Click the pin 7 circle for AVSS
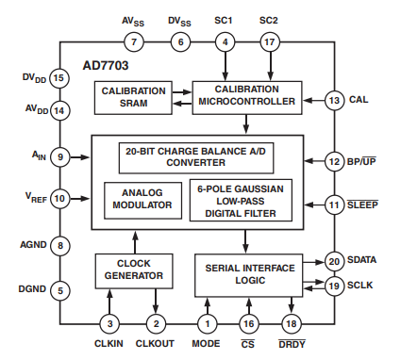click(134, 42)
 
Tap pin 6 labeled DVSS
click(179, 42)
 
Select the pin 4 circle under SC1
click(224, 42)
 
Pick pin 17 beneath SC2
click(269, 42)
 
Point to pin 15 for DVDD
click(58, 78)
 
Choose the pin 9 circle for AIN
click(58, 157)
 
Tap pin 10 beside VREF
click(58, 198)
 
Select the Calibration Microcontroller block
click(246, 97)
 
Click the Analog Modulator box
click(138, 198)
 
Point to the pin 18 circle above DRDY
click(291, 323)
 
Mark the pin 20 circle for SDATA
click(334, 261)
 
